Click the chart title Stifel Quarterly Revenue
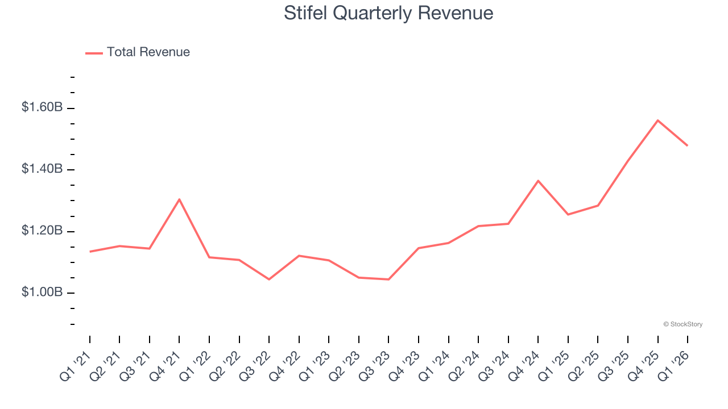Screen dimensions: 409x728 tap(388, 13)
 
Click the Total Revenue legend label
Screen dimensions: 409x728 tap(148, 52)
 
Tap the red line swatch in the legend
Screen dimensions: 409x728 tap(94, 53)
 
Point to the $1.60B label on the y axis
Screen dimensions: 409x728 tap(42, 107)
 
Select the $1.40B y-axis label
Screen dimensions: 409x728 tap(42, 169)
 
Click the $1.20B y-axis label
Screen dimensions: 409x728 tap(42, 231)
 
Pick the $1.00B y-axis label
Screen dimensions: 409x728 tap(42, 293)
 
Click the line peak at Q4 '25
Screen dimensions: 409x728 tap(657, 120)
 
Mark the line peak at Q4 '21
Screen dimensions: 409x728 tap(179, 199)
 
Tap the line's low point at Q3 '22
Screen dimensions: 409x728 tap(269, 279)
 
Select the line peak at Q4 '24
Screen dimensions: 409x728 tap(538, 181)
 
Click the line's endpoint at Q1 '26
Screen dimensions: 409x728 tap(687, 145)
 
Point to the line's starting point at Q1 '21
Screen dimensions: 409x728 tap(90, 252)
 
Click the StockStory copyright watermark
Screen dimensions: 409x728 tap(682, 324)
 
